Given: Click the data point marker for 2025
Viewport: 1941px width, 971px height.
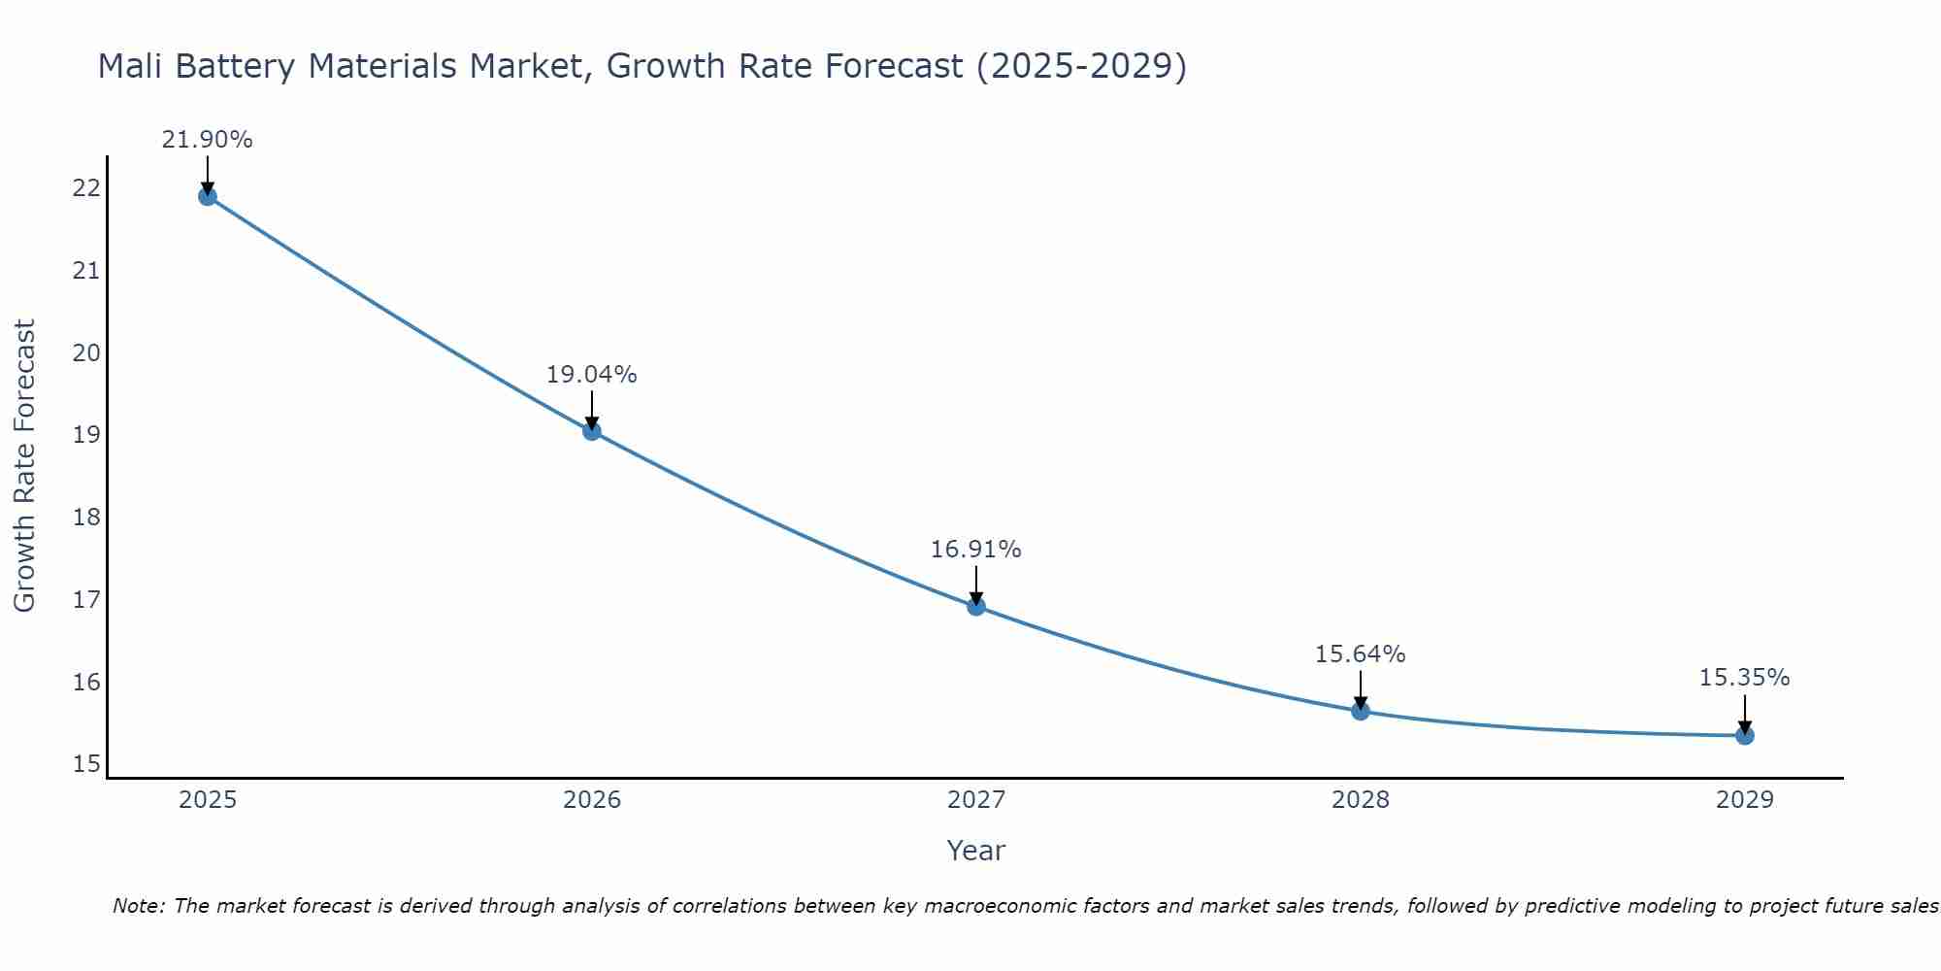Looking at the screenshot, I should point(208,196).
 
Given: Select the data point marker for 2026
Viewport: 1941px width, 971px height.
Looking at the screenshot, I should point(592,431).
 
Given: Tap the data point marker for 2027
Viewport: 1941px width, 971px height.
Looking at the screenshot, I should point(976,607).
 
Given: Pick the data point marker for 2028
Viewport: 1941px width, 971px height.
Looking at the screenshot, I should point(1361,711).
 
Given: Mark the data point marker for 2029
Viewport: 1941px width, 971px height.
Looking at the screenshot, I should point(1745,735).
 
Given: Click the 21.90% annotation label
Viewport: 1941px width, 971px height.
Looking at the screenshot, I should point(207,140).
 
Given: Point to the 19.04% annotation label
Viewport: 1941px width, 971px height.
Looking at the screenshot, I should point(591,375).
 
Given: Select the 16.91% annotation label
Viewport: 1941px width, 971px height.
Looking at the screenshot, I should point(975,550).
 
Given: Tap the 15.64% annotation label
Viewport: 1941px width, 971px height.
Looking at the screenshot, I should point(1360,654).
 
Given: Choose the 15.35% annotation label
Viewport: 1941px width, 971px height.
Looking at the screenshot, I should point(1744,678).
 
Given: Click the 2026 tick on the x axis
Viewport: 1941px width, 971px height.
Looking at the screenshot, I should point(592,800).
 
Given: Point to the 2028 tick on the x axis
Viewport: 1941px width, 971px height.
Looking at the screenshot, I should point(1361,800).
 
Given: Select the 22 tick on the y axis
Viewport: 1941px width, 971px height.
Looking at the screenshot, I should point(86,188).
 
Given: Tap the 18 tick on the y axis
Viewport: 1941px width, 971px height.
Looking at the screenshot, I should point(86,517).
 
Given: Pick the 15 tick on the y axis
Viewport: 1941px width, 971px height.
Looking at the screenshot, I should point(86,764).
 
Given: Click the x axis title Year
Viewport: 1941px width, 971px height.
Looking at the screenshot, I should point(975,851).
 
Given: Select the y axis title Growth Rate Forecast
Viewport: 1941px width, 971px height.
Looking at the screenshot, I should point(24,466).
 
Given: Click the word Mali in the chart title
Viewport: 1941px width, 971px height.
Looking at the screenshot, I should point(131,66).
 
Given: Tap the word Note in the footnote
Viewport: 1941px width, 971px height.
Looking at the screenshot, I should point(140,906).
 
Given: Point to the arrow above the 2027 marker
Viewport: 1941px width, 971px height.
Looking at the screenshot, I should point(976,586).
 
